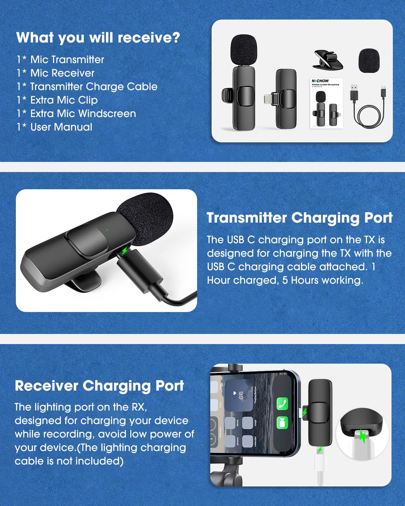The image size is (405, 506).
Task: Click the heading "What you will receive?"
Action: point(98,37)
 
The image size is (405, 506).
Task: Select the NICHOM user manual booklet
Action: point(326,103)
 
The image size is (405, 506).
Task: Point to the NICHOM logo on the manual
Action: point(320,81)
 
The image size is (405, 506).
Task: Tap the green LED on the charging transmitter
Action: point(107,229)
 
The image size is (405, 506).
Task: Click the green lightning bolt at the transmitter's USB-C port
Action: point(125,251)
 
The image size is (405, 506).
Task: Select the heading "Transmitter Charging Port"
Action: point(299,218)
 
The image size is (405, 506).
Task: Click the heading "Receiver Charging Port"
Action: point(99,386)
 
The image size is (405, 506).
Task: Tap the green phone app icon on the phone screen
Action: point(282,403)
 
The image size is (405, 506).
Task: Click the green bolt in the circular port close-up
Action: point(362,437)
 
